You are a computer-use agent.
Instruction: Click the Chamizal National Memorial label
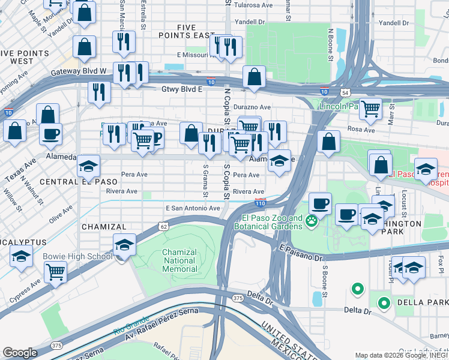click(179, 260)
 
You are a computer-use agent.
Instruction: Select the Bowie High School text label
click(77, 257)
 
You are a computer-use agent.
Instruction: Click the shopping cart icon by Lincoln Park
click(370, 109)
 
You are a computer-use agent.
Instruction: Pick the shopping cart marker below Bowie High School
click(55, 272)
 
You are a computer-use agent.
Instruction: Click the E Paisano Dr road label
click(301, 252)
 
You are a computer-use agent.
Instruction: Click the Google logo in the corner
click(20, 353)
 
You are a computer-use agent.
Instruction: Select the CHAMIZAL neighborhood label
click(104, 227)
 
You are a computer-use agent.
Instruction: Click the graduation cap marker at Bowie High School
click(124, 245)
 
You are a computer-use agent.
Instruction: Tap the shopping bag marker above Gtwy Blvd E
click(254, 77)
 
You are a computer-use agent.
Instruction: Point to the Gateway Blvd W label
click(78, 71)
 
